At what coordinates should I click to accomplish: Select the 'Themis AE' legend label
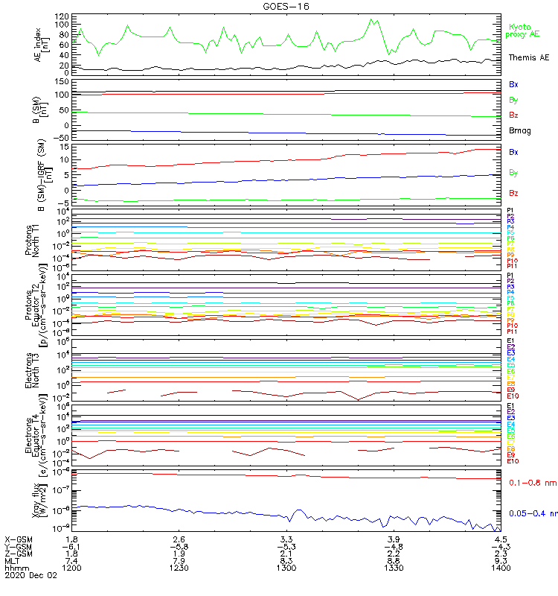[x=528, y=57]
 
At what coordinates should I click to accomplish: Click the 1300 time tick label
[x=286, y=568]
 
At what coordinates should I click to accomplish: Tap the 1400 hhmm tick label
[x=500, y=568]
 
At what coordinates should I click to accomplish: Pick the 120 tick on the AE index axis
[x=62, y=15]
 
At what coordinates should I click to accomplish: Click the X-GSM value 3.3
[x=286, y=538]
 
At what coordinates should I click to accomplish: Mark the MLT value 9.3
[x=500, y=560]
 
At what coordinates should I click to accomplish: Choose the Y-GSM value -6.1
[x=72, y=545]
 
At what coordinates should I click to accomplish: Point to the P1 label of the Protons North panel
[x=510, y=212]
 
